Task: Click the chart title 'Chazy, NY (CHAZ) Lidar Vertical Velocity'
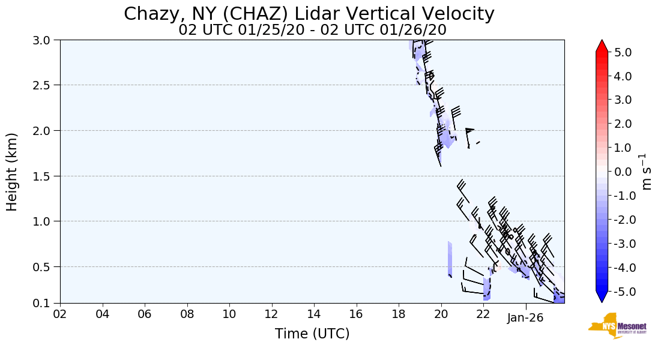click(x=309, y=14)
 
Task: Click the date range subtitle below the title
click(x=312, y=30)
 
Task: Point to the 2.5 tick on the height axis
click(x=46, y=85)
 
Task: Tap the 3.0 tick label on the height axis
click(x=46, y=40)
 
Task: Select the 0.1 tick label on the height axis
click(x=46, y=304)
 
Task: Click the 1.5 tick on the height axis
click(x=46, y=176)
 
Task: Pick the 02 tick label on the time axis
click(x=60, y=315)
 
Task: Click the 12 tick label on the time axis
click(x=271, y=315)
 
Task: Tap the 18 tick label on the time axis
click(x=399, y=315)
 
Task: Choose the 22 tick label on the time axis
click(x=483, y=315)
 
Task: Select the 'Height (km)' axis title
click(x=12, y=172)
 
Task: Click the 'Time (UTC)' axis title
click(x=312, y=334)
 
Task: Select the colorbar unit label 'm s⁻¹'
click(x=647, y=172)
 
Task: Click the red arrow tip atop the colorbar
click(x=602, y=46)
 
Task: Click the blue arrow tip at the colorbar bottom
click(x=602, y=298)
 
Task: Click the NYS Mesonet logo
click(x=617, y=326)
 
